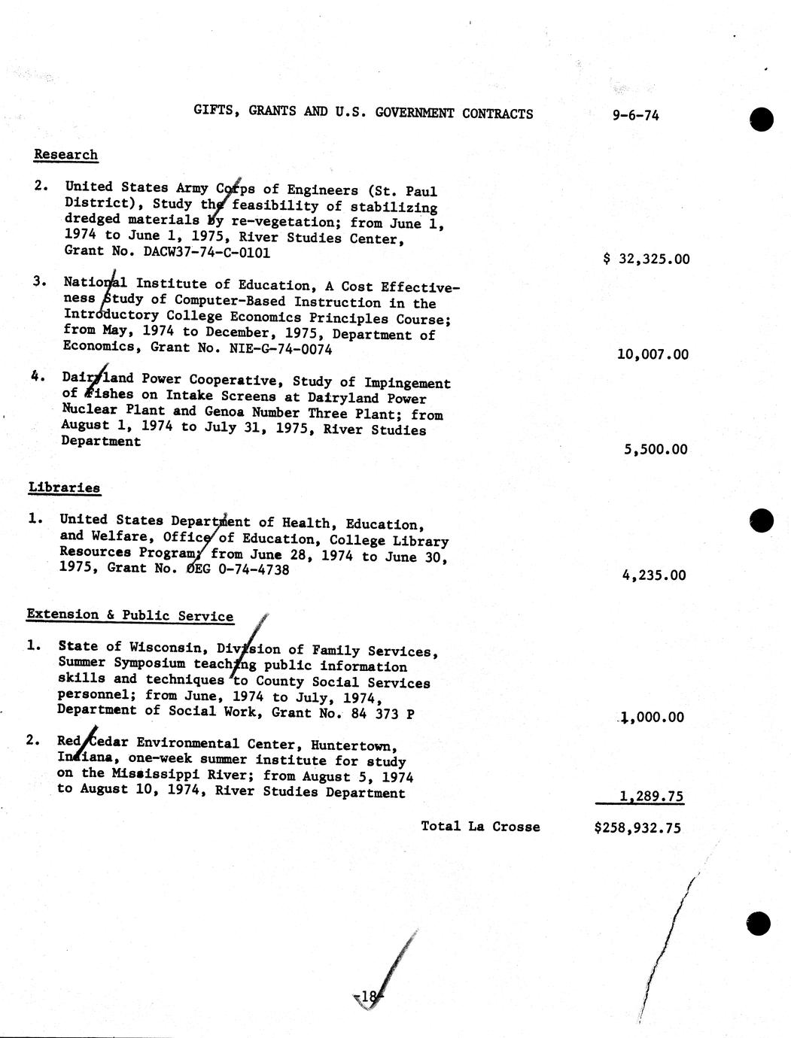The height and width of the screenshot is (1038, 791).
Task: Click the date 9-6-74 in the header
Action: [x=636, y=115]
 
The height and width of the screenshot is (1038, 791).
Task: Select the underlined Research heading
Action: [x=65, y=155]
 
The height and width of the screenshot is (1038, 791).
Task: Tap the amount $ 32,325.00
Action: [x=646, y=259]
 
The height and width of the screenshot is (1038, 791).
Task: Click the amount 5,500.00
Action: [x=656, y=450]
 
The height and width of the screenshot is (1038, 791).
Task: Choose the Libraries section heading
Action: [x=64, y=487]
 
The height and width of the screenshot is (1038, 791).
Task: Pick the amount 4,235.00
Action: [x=654, y=575]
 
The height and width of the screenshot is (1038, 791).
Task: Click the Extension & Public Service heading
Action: [x=129, y=615]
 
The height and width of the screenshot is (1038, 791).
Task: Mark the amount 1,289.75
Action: [x=652, y=796]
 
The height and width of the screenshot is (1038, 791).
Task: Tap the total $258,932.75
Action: [x=637, y=827]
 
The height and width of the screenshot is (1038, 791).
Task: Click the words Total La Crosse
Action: [x=480, y=826]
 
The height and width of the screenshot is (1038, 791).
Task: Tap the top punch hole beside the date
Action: [x=762, y=119]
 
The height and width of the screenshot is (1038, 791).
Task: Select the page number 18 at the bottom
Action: [x=368, y=997]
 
